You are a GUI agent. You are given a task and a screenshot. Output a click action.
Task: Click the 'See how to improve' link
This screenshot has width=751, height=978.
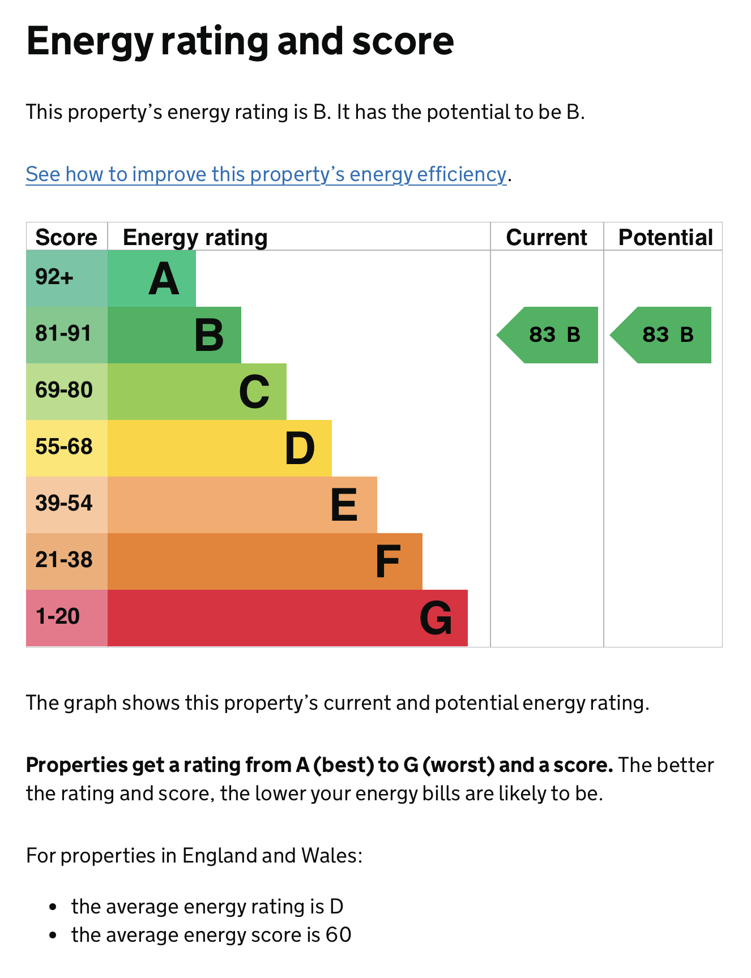(266, 174)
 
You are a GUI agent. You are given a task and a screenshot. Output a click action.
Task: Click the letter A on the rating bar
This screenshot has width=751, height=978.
(164, 279)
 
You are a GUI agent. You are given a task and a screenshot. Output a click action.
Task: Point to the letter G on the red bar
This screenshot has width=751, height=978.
(436, 618)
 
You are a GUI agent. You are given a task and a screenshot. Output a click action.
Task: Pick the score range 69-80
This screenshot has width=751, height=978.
(64, 391)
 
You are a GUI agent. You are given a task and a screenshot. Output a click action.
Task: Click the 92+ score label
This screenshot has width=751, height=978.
(54, 277)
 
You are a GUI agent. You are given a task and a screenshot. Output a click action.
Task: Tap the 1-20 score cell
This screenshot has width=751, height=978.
(58, 616)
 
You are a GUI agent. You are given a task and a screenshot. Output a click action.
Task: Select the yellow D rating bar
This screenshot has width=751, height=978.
(219, 448)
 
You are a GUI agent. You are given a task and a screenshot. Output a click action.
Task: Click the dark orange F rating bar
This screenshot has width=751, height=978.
(264, 561)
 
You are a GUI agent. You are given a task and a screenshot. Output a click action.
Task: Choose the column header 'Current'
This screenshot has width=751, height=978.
(547, 238)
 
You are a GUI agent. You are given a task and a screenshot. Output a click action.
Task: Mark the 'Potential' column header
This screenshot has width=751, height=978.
(665, 238)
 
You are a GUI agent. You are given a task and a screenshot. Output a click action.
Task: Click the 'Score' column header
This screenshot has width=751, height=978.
(66, 238)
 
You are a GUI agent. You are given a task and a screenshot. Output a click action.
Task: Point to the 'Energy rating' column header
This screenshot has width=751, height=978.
(195, 238)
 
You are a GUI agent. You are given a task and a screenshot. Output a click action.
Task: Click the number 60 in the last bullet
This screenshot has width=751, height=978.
(338, 935)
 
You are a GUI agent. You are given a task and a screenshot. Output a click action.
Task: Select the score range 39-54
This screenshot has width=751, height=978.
(64, 503)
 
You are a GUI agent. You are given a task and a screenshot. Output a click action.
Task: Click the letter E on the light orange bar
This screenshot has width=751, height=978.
(344, 505)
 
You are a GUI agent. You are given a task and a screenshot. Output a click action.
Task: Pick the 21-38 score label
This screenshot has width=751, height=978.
(64, 560)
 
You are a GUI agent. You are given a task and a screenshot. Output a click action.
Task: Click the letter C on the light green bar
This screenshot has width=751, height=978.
(254, 392)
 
